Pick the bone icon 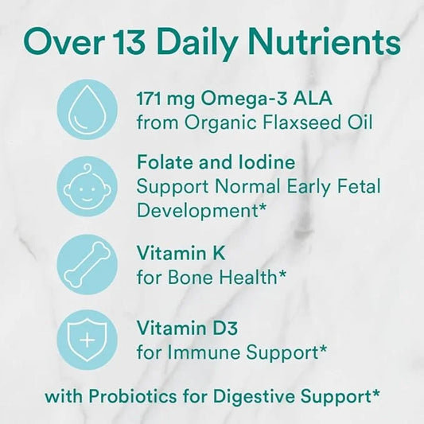[87, 264]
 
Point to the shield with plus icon [87, 340]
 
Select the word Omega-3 [243, 99]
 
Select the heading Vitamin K [181, 253]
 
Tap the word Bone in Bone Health [191, 277]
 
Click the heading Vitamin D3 [187, 328]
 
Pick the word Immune [204, 352]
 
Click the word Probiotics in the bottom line [133, 396]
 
